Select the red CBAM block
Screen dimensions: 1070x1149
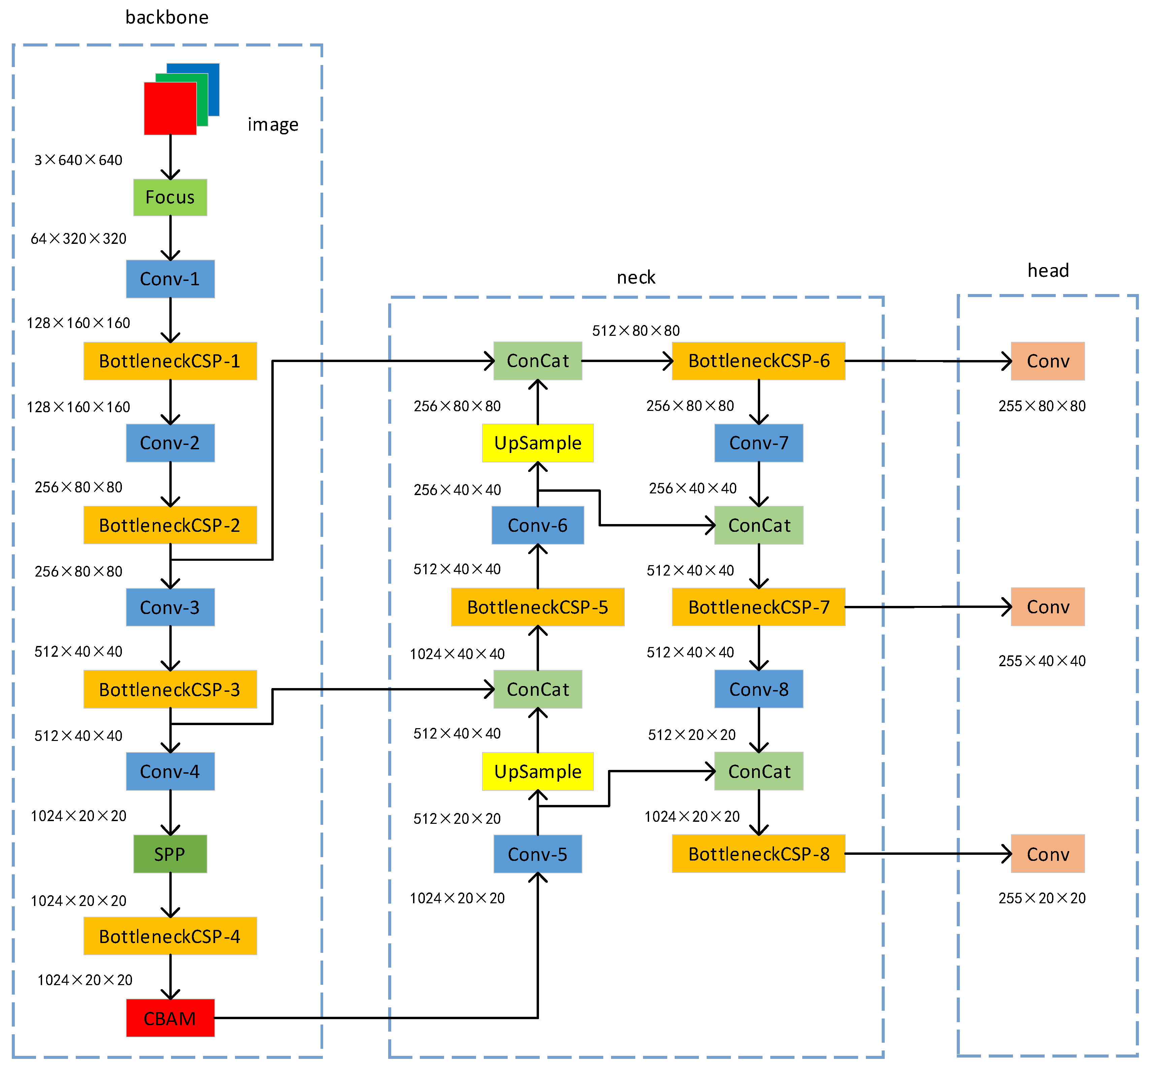[x=170, y=1018]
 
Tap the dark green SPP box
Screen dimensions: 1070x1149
[x=170, y=854]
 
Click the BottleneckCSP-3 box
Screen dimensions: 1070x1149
[x=170, y=689]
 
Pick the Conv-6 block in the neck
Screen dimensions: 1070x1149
[x=538, y=525]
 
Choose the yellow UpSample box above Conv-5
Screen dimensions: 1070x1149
[x=538, y=771]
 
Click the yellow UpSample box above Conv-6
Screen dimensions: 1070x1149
[x=538, y=443]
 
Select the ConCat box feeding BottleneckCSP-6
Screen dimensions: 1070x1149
[x=538, y=361]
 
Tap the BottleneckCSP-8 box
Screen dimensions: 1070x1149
[x=758, y=854]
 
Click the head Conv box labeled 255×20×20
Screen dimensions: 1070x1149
[x=1047, y=854]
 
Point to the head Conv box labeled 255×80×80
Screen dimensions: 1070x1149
[x=1047, y=361]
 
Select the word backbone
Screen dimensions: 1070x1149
[x=167, y=17]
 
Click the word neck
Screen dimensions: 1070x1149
[x=636, y=278]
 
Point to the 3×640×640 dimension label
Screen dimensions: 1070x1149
[x=78, y=160]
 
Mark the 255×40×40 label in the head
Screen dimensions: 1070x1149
[x=1042, y=661]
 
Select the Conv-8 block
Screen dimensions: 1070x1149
[x=758, y=689]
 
